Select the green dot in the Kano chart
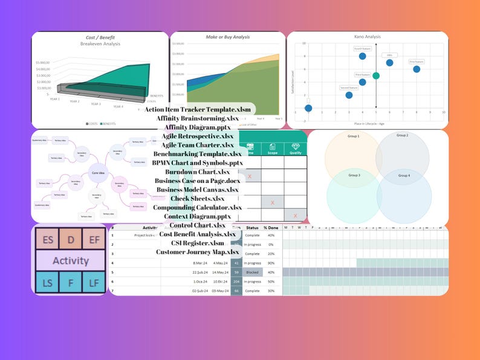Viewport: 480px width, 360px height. click(x=376, y=76)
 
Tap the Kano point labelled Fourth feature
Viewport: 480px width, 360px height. click(x=362, y=56)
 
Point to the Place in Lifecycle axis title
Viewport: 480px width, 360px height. click(x=369, y=123)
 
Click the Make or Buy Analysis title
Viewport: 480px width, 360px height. click(x=227, y=37)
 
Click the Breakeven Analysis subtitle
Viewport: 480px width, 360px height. click(x=100, y=44)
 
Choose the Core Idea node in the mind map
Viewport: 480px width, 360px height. click(x=99, y=173)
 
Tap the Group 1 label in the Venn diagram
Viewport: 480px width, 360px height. click(x=354, y=136)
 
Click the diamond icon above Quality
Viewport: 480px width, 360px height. click(x=295, y=146)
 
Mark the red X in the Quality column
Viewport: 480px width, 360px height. click(x=295, y=216)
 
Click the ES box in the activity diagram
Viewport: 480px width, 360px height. click(x=47, y=240)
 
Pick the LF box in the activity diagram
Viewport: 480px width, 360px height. click(x=94, y=281)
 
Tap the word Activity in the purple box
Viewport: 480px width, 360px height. click(x=71, y=261)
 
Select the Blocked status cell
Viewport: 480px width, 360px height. click(x=251, y=272)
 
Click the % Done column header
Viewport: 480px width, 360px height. click(x=271, y=227)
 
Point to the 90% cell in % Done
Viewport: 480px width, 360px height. click(x=271, y=263)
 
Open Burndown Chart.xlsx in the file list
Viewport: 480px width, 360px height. click(x=197, y=172)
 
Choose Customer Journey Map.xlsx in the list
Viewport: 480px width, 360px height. click(x=197, y=252)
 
